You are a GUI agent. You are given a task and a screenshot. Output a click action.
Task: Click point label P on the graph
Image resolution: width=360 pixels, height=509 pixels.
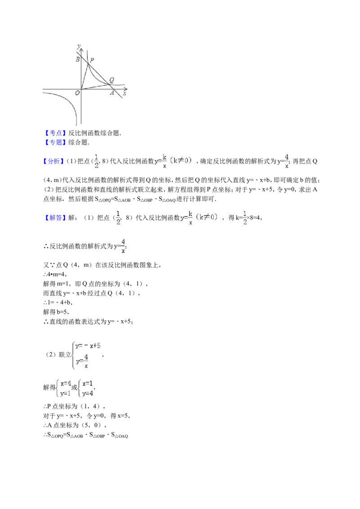[x=92, y=60]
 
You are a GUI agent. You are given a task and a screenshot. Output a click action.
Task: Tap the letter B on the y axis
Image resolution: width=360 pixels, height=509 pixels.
[x=78, y=59]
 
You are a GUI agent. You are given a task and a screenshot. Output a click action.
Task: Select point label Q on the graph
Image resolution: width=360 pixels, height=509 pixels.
[x=112, y=80]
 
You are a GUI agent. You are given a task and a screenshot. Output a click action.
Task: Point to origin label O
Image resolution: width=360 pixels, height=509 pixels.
[x=77, y=93]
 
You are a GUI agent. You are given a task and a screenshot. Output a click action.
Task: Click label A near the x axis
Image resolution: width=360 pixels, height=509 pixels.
[x=112, y=93]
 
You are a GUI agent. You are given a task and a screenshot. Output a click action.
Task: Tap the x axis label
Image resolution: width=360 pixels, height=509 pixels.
[x=125, y=94]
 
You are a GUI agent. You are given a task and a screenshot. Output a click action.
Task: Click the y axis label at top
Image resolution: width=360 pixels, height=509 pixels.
[x=79, y=46]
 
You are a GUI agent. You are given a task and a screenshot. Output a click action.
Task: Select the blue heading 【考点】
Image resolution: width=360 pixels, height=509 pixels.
[x=55, y=133]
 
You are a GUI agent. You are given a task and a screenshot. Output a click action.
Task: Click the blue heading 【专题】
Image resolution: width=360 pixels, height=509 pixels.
[x=55, y=143]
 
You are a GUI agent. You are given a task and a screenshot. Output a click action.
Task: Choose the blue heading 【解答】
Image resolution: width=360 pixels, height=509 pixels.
[x=55, y=218]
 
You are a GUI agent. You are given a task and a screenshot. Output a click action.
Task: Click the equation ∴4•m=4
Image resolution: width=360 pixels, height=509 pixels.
[x=55, y=275]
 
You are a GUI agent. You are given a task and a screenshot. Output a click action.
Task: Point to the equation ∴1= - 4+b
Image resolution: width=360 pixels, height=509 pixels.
[x=58, y=303]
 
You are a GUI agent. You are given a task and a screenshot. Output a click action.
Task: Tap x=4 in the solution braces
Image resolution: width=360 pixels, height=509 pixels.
[x=66, y=384]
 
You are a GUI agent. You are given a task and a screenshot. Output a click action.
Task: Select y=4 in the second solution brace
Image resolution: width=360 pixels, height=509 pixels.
[x=88, y=393]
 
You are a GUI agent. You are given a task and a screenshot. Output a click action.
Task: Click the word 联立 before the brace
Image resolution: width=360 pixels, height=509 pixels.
[x=65, y=355]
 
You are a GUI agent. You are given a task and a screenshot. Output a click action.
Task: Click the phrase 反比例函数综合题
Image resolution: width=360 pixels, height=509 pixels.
[x=93, y=133]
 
